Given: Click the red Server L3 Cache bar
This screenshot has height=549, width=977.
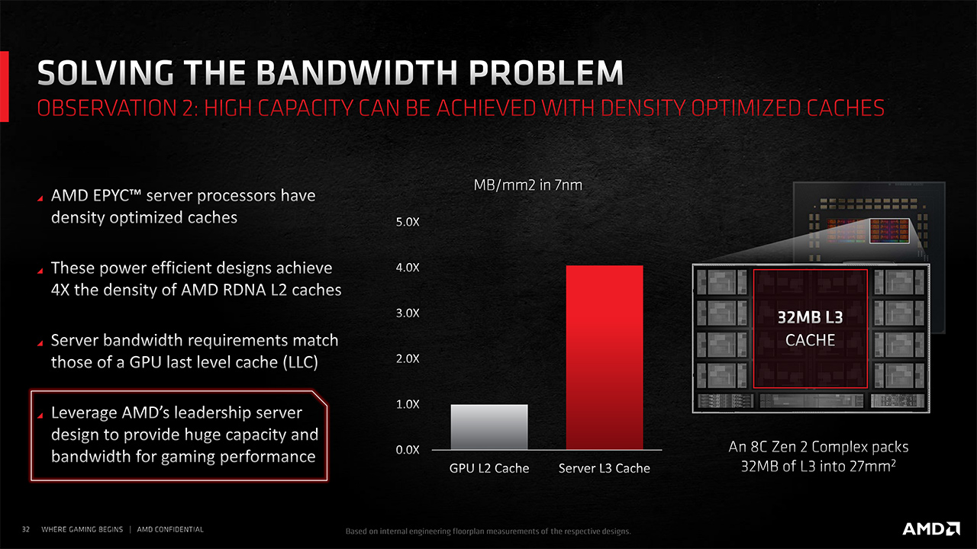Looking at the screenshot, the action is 605,358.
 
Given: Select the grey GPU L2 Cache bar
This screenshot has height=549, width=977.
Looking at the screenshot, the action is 489,427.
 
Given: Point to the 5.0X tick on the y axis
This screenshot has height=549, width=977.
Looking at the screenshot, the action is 408,222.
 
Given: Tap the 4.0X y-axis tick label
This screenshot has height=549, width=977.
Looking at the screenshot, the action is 408,268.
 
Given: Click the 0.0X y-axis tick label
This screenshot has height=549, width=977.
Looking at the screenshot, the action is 408,450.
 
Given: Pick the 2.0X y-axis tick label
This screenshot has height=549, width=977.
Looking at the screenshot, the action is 408,358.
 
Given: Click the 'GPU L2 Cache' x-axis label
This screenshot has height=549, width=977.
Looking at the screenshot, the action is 489,468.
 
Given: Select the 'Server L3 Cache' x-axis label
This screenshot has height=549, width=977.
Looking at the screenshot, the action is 604,468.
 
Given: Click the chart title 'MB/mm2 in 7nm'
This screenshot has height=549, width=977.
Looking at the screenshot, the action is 527,185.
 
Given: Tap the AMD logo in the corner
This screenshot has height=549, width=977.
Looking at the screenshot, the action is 930,528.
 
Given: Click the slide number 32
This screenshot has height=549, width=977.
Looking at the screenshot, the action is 26,529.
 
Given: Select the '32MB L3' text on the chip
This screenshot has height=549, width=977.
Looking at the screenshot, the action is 810,318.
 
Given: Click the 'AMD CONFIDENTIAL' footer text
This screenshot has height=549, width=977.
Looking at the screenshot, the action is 170,529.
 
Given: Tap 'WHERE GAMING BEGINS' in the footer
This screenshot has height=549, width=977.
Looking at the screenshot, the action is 82,529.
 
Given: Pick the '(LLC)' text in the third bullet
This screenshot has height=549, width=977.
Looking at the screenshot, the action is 301,362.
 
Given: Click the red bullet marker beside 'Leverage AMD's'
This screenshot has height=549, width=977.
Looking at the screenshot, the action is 40,416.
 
